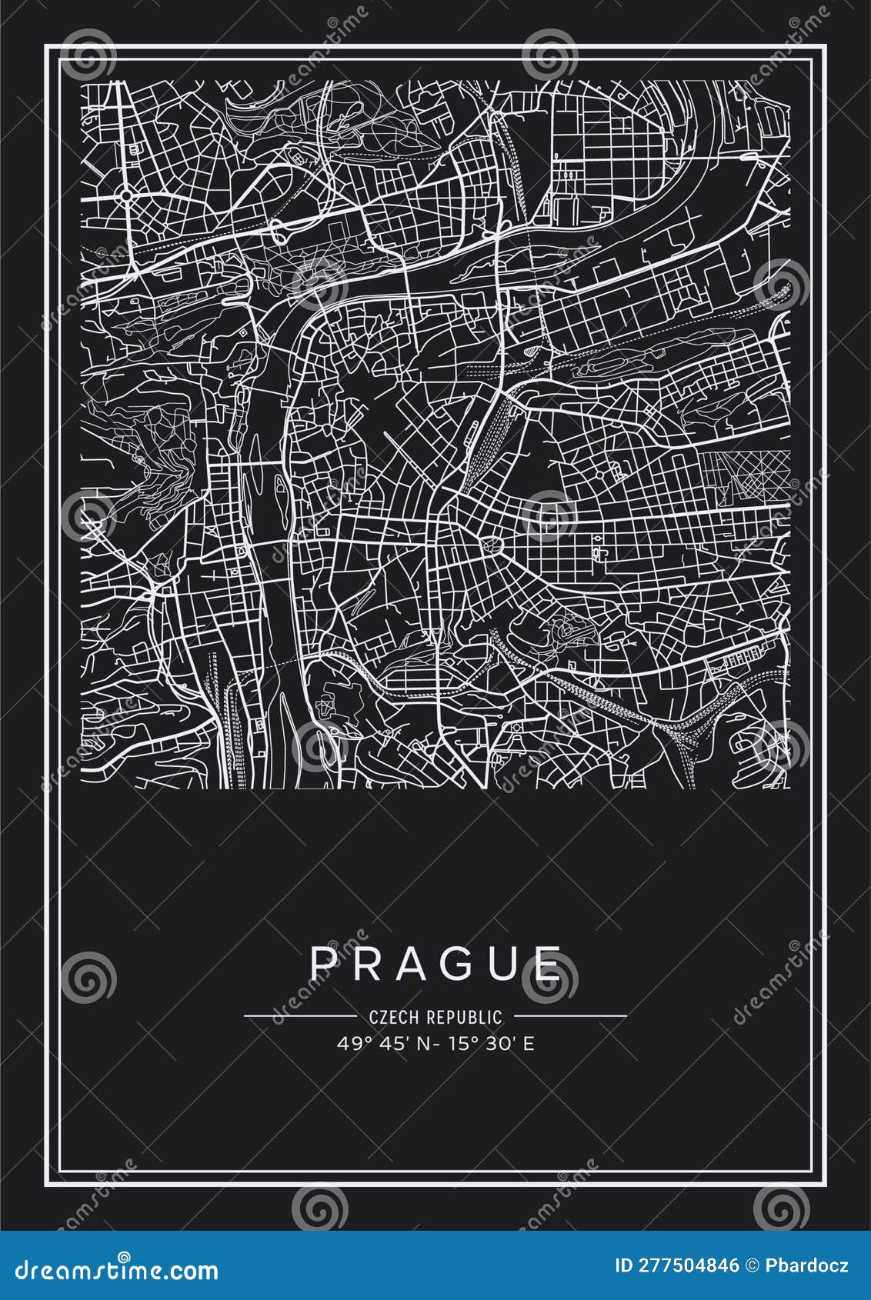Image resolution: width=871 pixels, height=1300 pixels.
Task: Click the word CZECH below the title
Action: [x=392, y=1017]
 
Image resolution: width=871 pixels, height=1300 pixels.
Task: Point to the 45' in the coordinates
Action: [x=382, y=1044]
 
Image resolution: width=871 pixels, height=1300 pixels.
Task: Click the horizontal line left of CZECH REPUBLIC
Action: [x=300, y=1015]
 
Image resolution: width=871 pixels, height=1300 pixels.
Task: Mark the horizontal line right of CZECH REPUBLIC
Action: [x=570, y=1015]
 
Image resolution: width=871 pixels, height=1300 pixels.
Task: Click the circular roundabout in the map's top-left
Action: [x=125, y=195]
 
